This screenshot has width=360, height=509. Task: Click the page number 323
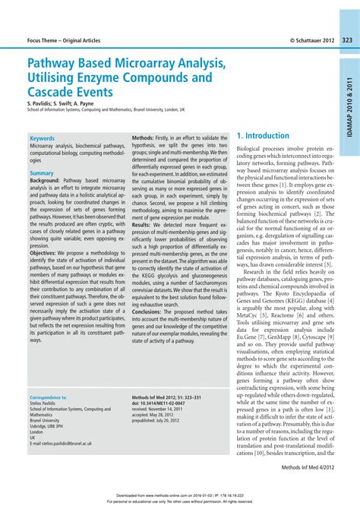[347, 39]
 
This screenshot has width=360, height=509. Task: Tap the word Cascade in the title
[55, 91]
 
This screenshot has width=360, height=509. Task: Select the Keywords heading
[42, 138]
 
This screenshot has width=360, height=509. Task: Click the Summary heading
[41, 173]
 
